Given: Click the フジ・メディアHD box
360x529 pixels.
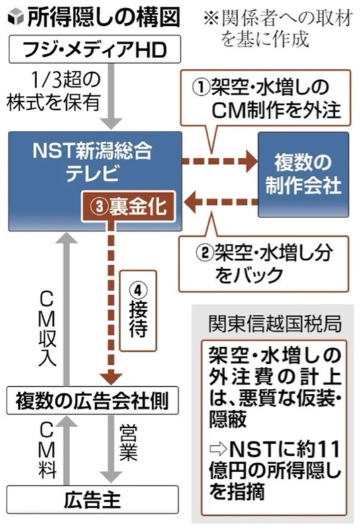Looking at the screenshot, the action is pos(95,50).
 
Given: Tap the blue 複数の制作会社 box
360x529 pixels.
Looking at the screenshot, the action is pos(303,175).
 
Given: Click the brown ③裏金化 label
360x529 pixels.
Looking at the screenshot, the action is pos(128,206).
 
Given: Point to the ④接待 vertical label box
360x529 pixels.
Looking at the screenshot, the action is pos(138,311).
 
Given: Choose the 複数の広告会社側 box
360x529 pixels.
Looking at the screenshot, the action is pos(93,401).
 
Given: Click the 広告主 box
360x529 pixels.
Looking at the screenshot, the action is pos(93,500).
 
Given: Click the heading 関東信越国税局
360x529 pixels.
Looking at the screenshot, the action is pos(275,324).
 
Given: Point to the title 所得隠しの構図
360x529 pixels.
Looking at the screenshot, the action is pos(104,18).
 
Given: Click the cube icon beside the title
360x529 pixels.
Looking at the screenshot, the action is pos(15,18).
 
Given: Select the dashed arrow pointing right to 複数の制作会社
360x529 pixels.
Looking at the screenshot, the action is pos(220,161).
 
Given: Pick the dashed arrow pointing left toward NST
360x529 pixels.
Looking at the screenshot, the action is pos(221,202).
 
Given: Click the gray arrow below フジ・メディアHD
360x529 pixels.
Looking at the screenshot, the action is pos(111,96).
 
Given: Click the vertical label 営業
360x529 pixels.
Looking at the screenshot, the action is pos(128,442).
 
